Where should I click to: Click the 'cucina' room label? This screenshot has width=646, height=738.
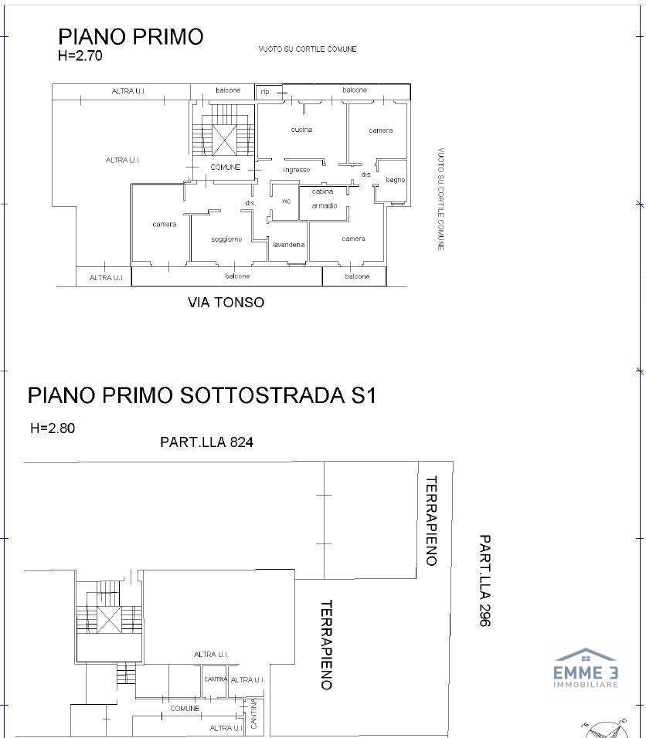(x=301, y=130)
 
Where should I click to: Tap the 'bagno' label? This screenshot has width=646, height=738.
(x=395, y=180)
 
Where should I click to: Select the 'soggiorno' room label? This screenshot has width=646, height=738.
(x=226, y=239)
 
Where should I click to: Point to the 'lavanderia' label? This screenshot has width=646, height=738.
(x=288, y=245)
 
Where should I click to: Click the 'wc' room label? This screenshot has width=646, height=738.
(x=286, y=201)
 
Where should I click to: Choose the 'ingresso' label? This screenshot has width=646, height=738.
(x=297, y=170)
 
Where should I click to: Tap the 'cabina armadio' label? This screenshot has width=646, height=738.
(x=324, y=198)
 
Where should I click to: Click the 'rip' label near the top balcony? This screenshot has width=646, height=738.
(x=265, y=91)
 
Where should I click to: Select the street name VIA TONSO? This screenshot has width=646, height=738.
(x=226, y=303)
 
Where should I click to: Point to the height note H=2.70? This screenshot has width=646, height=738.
(x=80, y=56)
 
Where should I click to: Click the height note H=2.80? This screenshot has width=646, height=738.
(x=53, y=428)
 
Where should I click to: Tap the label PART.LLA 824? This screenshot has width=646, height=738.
(x=206, y=442)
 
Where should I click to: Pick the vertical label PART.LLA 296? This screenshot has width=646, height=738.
(x=484, y=580)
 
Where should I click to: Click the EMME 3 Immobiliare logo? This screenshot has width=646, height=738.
(x=585, y=669)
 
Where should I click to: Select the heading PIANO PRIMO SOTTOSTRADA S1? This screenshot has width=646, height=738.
(x=202, y=395)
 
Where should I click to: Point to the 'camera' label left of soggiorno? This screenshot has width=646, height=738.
(x=164, y=225)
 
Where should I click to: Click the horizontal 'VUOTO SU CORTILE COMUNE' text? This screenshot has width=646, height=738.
(x=307, y=49)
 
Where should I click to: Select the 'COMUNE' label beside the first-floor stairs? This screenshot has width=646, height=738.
(x=226, y=168)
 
